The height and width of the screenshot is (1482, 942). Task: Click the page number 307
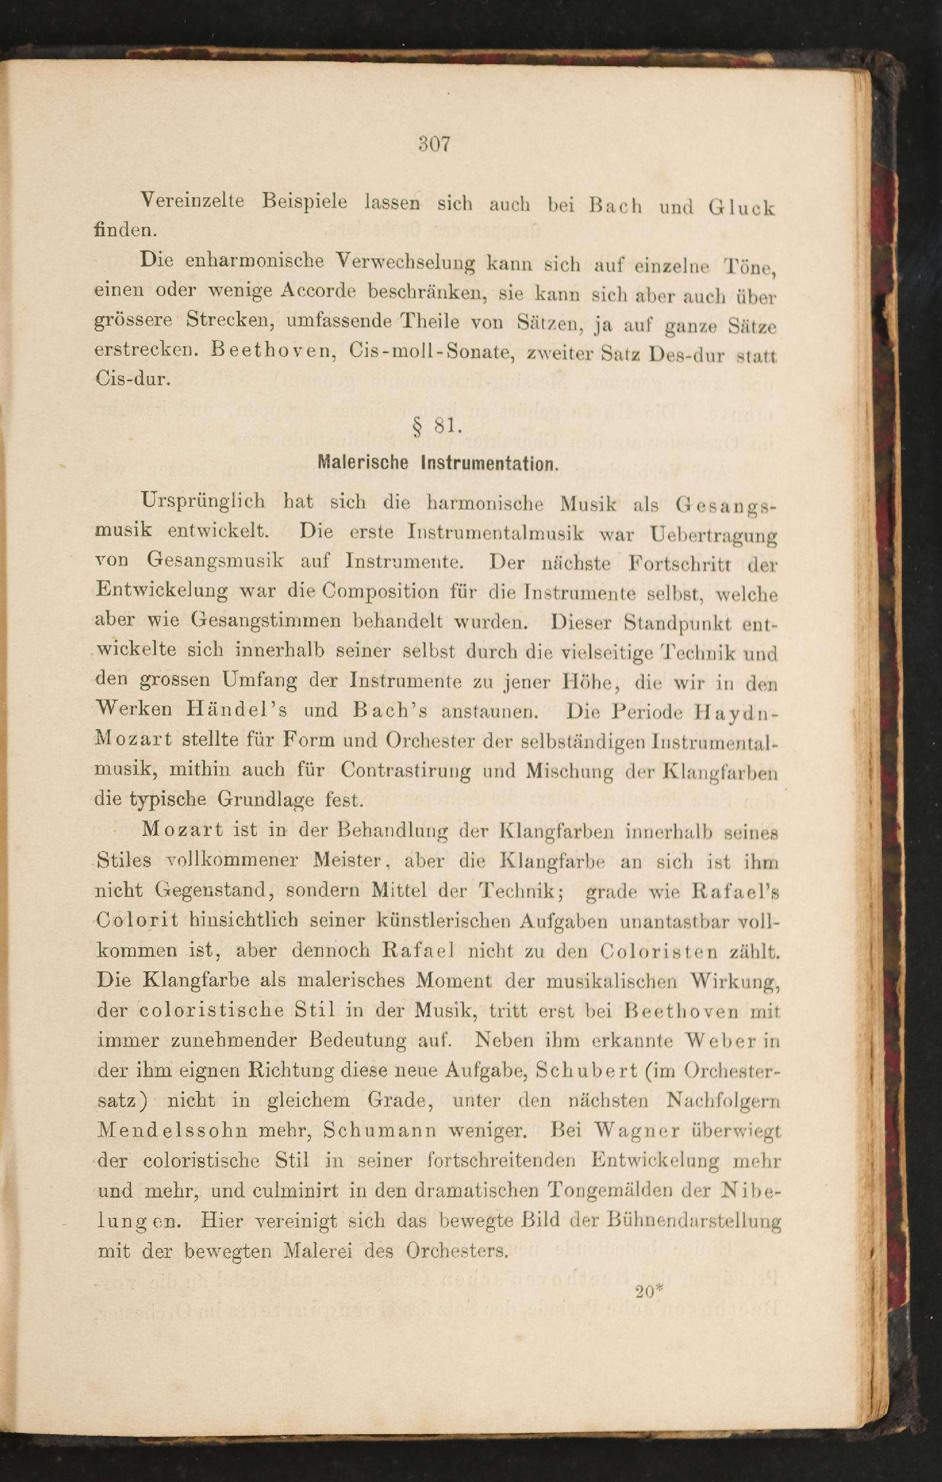tap(435, 144)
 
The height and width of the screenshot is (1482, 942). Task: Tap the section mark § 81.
tap(438, 424)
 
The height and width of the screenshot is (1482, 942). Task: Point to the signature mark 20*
tap(648, 1291)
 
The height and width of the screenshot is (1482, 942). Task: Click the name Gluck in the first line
tap(741, 208)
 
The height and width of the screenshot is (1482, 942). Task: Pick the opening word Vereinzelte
tap(193, 201)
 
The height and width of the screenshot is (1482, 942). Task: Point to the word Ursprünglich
tap(203, 501)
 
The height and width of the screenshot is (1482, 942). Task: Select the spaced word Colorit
tap(138, 920)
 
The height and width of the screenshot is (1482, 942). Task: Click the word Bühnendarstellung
tap(693, 1220)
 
